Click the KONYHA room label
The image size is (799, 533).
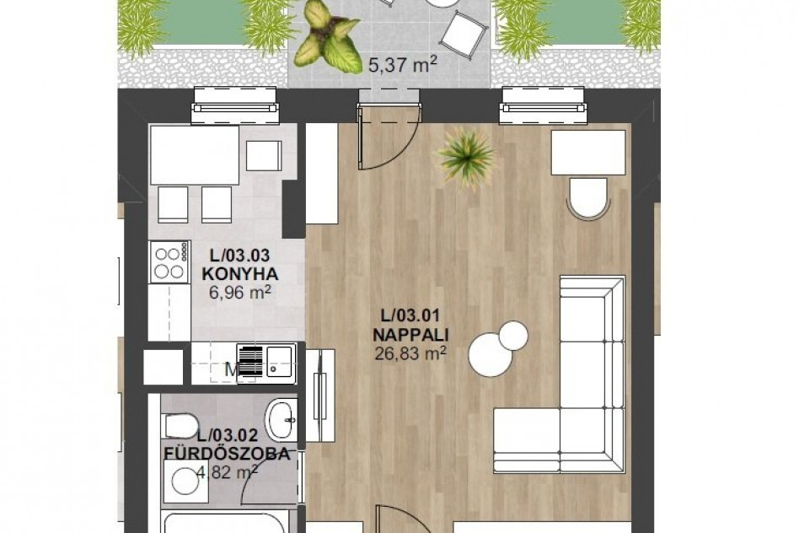coord(240,274)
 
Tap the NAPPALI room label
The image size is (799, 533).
coord(410,335)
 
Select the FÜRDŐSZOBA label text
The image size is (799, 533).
coord(227,454)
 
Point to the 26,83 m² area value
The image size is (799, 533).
coord(410,353)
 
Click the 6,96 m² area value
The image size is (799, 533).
coord(239,293)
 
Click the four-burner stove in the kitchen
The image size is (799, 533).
coord(169,262)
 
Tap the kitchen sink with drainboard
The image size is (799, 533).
coord(265,363)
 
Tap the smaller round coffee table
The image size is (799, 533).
coord(514,336)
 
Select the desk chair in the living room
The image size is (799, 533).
coord(588,197)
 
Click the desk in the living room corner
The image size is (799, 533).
coord(588,153)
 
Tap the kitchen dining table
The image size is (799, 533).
coord(195,155)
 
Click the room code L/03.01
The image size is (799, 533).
coord(410,315)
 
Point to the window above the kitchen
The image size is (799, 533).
coord(235,107)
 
